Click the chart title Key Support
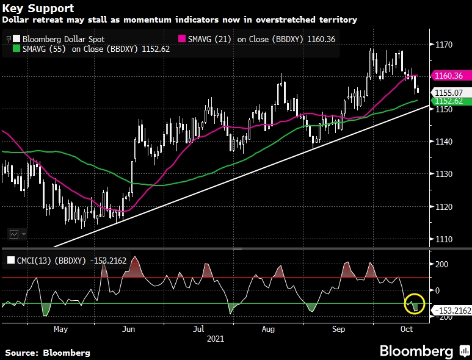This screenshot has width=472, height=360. pos(38,9)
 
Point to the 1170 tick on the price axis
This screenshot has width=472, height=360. pos(444,45)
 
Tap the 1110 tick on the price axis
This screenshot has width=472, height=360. pos(444,239)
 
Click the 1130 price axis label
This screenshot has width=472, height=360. pos(444,175)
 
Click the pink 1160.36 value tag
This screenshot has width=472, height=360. pos(449,76)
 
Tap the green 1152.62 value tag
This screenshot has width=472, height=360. pos(450,101)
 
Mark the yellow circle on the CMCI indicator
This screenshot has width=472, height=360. pos(415,303)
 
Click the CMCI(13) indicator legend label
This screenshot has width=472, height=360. pos(67,261)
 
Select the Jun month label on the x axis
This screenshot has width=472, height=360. pos(129,329)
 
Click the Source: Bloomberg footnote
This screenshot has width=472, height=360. pos(48,353)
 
